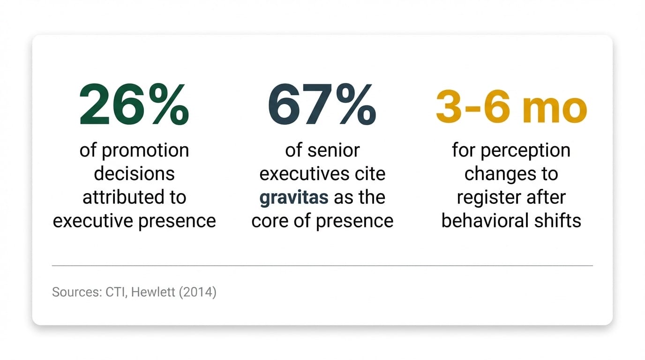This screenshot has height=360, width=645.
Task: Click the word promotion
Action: (145, 151)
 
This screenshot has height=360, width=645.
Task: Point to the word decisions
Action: (134, 174)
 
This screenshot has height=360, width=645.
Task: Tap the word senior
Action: (334, 150)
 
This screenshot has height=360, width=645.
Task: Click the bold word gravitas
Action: (294, 197)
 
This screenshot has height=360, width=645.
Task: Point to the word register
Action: (486, 197)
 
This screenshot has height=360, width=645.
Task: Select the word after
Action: (544, 197)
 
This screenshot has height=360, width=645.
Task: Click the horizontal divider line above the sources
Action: (322, 266)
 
